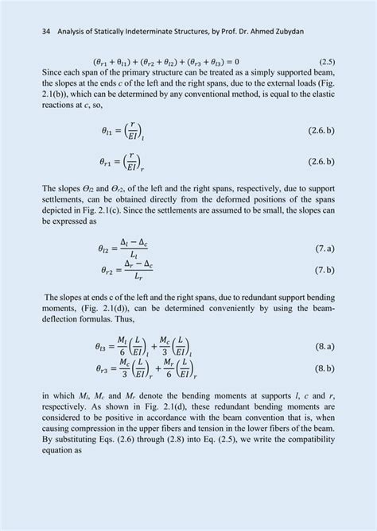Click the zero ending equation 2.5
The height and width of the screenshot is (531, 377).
[x=236, y=61]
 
